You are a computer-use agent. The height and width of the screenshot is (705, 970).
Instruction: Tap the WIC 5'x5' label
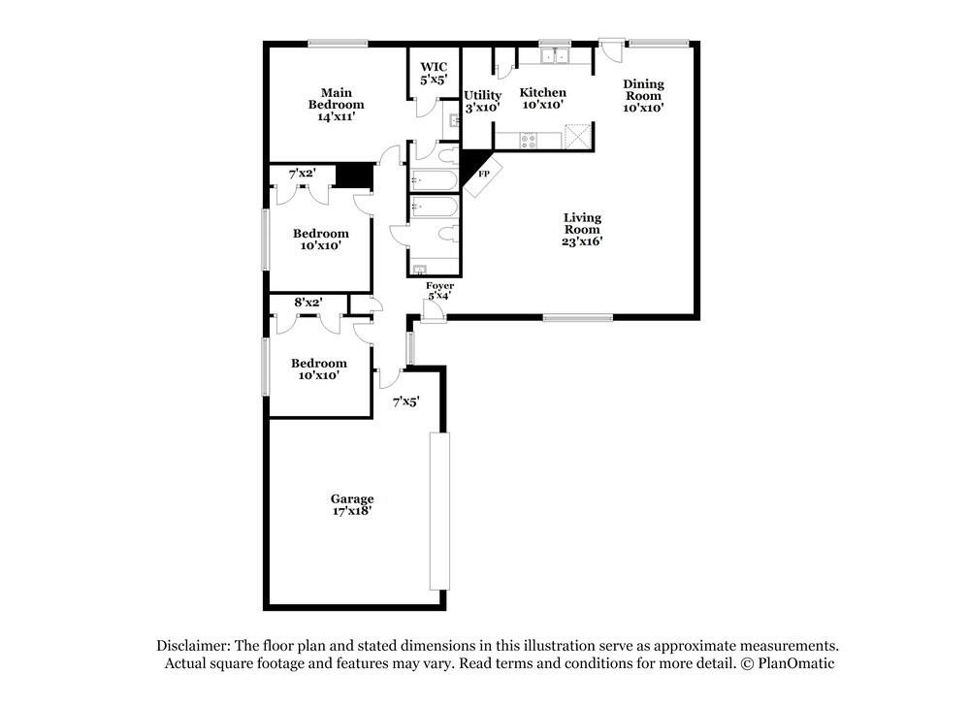coord(434,73)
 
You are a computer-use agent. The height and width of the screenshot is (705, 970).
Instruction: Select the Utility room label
coord(482,101)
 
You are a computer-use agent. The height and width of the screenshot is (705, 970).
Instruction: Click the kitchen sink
coord(555,56)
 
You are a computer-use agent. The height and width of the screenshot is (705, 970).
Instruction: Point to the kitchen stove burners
coord(529,141)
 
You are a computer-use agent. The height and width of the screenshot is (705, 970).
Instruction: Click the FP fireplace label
coord(484,174)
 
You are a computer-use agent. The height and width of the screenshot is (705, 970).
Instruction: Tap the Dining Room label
coord(643,89)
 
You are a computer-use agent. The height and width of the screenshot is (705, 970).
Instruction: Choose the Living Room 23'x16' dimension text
coord(582,241)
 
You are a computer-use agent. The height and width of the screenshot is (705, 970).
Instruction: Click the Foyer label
coord(439,286)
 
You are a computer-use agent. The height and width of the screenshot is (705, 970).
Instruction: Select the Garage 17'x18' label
coord(352,504)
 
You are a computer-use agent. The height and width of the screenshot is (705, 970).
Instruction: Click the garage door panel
coord(439,511)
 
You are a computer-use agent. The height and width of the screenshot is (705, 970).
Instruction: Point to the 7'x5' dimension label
coord(406,401)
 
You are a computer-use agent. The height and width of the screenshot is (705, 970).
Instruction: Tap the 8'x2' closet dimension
coord(308,303)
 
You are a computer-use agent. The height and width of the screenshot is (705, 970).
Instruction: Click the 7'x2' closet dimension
coord(303,174)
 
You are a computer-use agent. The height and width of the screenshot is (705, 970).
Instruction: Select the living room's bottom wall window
coord(578,318)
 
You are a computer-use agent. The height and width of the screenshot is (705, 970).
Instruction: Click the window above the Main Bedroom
coord(339,44)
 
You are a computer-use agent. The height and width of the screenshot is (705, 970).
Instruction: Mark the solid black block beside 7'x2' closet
coord(355,175)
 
